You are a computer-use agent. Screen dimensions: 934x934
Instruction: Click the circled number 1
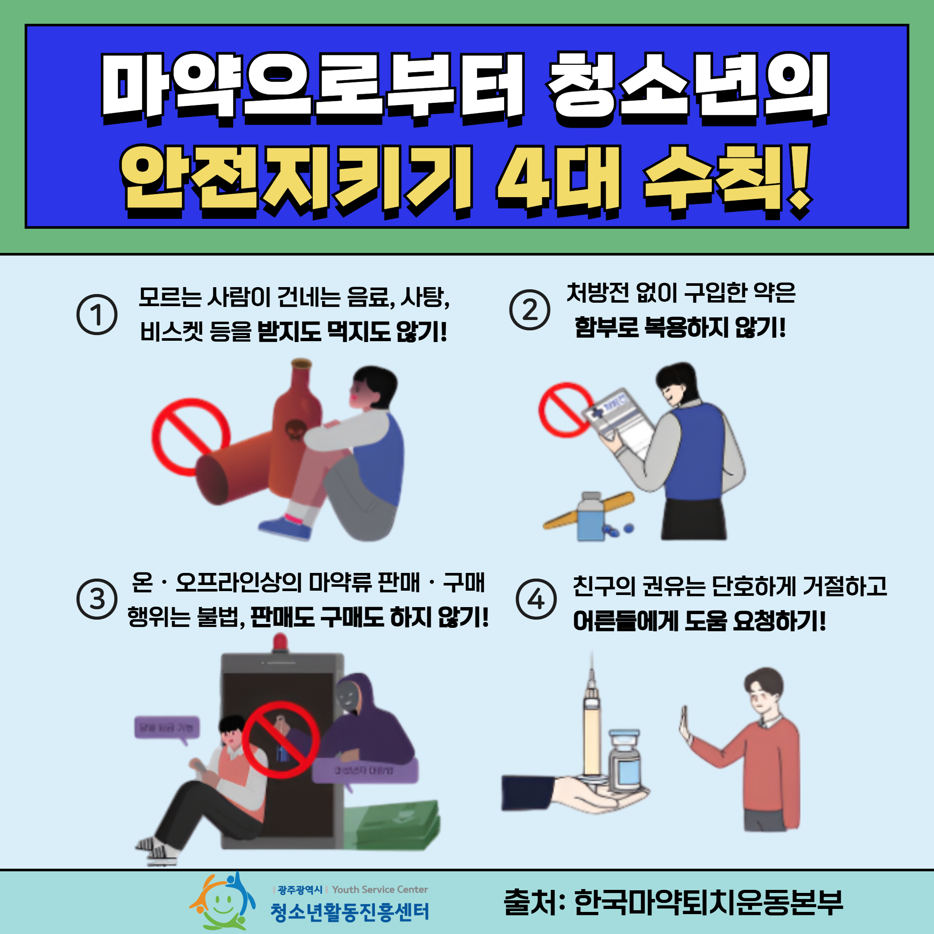(97, 315)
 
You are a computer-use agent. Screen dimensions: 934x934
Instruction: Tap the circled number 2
(529, 310)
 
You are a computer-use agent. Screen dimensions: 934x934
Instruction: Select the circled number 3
(97, 599)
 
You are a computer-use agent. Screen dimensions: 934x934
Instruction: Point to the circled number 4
(536, 599)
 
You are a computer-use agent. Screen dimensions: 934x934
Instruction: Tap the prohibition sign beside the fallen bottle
(190, 437)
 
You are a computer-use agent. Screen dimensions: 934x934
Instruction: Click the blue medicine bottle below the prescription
(591, 517)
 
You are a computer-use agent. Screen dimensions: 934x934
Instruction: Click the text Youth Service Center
(380, 889)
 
